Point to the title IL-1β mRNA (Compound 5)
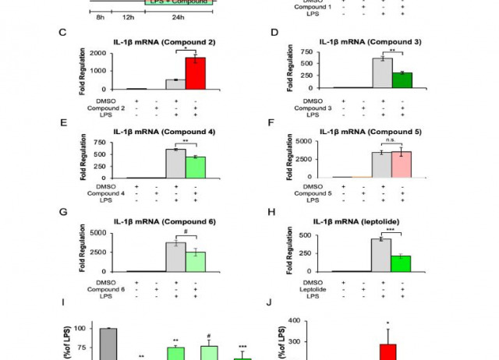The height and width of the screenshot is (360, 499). pyautogui.click(x=370, y=132)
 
